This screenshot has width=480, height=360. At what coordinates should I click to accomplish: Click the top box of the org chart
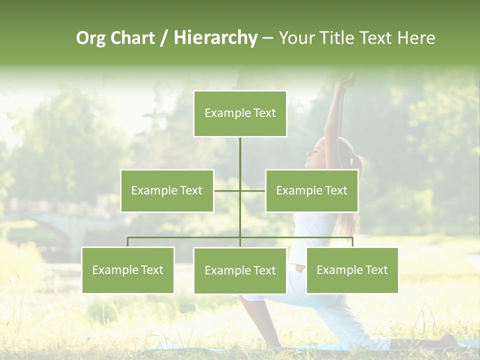point(240,113)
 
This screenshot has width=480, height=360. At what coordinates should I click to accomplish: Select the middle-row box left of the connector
point(167,190)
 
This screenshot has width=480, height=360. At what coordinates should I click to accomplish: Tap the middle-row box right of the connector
point(311,190)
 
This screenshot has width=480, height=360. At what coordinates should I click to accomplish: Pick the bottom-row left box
point(128,270)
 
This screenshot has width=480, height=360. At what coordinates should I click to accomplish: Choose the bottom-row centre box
point(240,270)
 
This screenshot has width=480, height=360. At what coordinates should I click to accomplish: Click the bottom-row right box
point(352,270)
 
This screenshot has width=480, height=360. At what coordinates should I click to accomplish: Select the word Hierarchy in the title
point(215,38)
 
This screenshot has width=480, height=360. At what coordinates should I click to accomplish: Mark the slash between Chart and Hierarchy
point(164,38)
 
